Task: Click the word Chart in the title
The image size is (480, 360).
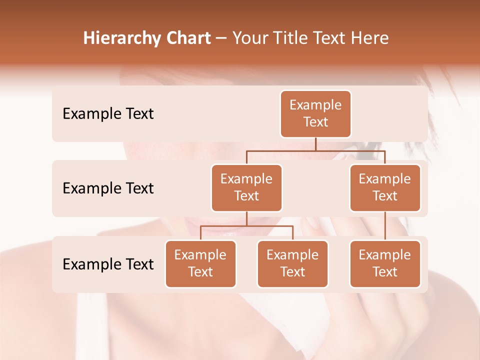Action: tap(191, 38)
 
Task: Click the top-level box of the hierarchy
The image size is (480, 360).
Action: tap(315, 114)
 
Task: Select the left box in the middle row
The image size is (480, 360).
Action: tap(246, 188)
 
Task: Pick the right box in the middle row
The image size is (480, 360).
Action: tap(385, 188)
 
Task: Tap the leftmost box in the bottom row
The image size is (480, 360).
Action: tap(200, 264)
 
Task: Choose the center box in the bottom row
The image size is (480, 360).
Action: tap(292, 264)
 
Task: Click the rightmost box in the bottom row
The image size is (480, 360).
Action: tap(385, 264)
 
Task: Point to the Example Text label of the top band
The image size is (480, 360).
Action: tap(108, 114)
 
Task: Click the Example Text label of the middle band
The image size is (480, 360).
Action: tap(108, 188)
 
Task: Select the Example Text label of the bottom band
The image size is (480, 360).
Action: tap(108, 264)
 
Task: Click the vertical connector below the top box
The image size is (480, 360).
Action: tap(315, 144)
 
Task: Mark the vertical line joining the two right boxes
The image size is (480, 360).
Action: tap(385, 226)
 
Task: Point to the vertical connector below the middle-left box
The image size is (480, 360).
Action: tap(246, 218)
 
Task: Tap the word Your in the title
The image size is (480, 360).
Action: tap(248, 38)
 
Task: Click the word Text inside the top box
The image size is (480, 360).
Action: tap(315, 122)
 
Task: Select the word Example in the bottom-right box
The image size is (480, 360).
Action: tap(385, 255)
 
